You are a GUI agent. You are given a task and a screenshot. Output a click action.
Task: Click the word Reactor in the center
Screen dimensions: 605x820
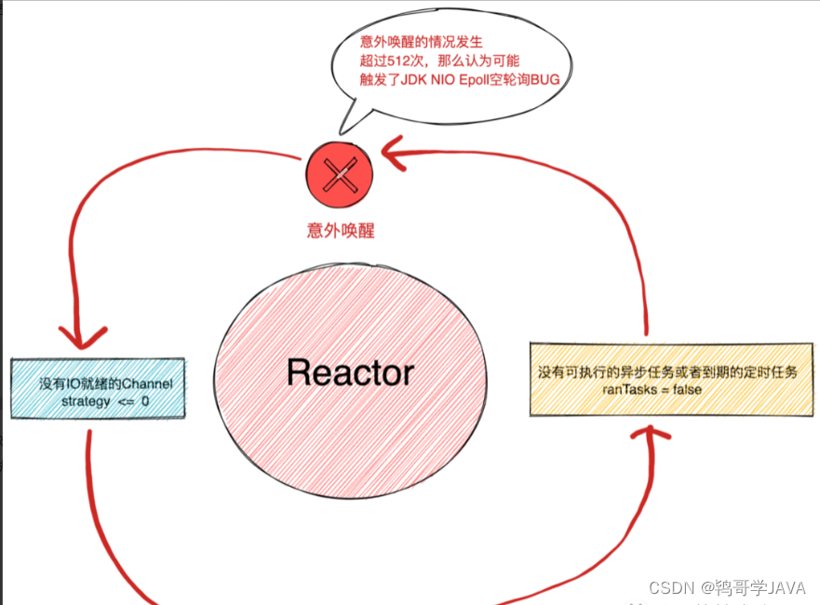click(x=351, y=373)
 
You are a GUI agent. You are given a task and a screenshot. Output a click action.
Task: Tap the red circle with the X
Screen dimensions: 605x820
click(x=339, y=174)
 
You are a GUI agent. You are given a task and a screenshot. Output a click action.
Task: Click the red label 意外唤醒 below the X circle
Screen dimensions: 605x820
click(x=341, y=230)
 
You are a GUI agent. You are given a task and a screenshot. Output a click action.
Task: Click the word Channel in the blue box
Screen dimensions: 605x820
click(x=148, y=383)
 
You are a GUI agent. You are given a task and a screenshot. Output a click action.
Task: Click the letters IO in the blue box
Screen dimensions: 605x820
click(x=74, y=383)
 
